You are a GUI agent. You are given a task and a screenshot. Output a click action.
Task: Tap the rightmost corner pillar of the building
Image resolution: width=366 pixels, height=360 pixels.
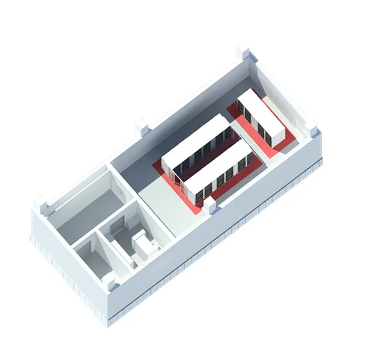(313, 132)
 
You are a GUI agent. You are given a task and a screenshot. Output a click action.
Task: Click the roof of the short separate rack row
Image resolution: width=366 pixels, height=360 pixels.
(261, 116)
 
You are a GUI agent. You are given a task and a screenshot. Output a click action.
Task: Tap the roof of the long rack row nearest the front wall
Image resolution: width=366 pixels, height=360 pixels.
(218, 167)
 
